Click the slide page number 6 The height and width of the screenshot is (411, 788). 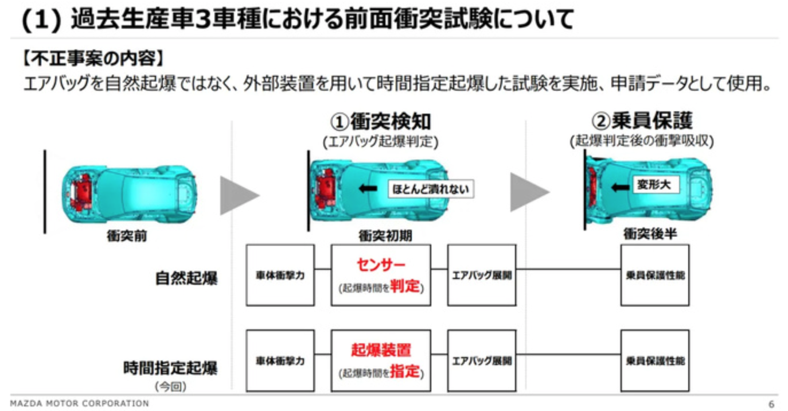coord(771,404)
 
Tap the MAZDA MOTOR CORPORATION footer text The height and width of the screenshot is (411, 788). coord(79,404)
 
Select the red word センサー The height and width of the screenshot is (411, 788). coord(381,265)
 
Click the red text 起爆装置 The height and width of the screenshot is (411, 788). coord(381,350)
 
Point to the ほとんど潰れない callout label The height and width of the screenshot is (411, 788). coord(431,189)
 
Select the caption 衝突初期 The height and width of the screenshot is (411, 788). coord(385,236)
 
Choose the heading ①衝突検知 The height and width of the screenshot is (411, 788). coord(380,122)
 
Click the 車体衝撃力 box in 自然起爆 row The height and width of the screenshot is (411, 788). coord(280,275)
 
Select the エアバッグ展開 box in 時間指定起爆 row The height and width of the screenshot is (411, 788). coord(482,360)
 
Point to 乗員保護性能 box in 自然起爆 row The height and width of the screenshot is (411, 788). coord(655,275)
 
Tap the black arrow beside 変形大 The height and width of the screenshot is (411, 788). coord(620,187)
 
